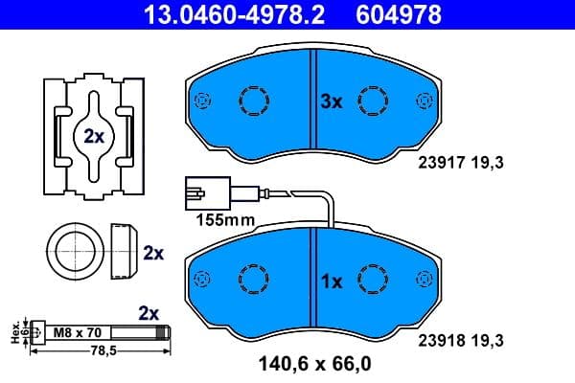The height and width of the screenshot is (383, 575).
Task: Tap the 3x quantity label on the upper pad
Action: click(330, 101)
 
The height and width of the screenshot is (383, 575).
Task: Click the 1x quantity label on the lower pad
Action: click(330, 282)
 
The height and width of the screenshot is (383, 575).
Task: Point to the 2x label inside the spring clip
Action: click(93, 136)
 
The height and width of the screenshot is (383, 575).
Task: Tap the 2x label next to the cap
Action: click(153, 254)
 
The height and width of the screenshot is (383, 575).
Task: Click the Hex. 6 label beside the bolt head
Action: click(15, 332)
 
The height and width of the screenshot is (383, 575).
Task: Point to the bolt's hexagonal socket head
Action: click(37, 333)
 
